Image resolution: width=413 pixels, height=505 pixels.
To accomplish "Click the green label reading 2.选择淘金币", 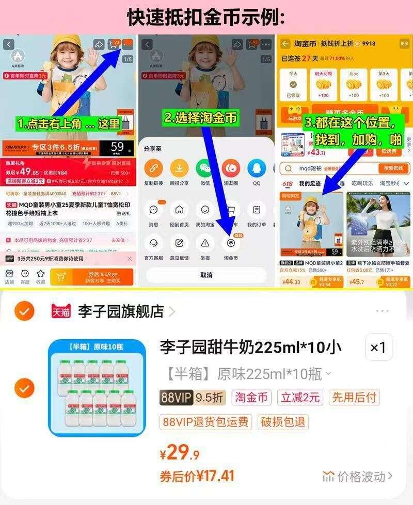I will (x=201, y=118).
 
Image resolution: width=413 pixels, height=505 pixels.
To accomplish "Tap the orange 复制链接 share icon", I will (x=153, y=168).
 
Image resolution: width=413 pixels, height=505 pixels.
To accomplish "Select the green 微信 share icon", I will (x=205, y=168).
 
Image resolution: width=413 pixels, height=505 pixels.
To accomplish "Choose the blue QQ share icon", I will (x=257, y=168).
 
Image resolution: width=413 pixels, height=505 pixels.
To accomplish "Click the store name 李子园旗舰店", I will (x=121, y=311).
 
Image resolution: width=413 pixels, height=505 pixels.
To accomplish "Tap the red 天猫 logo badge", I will (x=61, y=311).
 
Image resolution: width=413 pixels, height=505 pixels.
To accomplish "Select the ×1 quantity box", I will (x=378, y=348).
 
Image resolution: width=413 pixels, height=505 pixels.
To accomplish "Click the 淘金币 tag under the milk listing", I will (x=252, y=397).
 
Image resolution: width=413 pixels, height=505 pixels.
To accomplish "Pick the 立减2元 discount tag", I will (x=301, y=397).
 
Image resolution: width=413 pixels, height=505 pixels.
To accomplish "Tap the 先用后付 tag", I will (x=354, y=397).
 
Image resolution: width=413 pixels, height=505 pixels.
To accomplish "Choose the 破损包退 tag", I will (x=283, y=421).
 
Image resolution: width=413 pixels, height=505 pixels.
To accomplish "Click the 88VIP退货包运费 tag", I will (x=206, y=421).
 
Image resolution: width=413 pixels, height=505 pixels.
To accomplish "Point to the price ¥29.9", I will (x=180, y=453).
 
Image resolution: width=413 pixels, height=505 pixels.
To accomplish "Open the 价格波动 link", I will (x=358, y=476).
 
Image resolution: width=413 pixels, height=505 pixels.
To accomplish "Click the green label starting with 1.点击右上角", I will (x=69, y=124).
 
